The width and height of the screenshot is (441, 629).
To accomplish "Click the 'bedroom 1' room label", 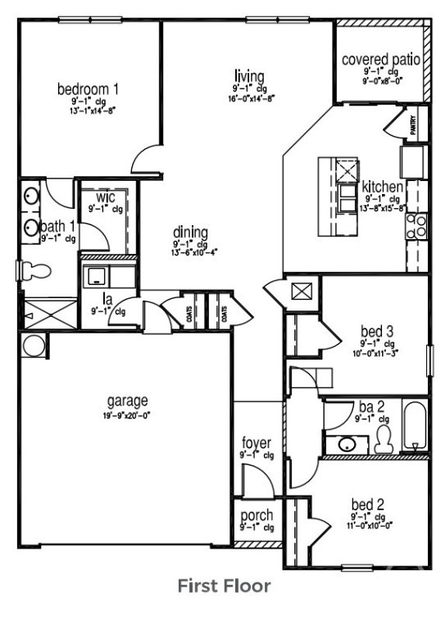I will click(x=89, y=88).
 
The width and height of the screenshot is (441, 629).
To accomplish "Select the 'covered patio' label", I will click(x=381, y=60).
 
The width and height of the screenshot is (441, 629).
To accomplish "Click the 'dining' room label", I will click(x=190, y=232).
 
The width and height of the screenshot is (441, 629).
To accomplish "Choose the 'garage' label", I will click(x=128, y=400).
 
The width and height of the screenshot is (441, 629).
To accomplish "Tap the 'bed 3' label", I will click(x=378, y=332).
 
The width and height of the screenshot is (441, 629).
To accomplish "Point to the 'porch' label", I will click(x=257, y=516).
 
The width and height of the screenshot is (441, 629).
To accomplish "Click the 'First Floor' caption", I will click(x=224, y=586).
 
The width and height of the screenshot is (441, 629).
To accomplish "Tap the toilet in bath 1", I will click(x=33, y=270).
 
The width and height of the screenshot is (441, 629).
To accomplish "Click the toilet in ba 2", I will click(x=383, y=441).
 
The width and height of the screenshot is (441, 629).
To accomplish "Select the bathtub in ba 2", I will click(x=416, y=427).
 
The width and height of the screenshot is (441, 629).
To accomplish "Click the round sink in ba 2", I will click(x=347, y=445).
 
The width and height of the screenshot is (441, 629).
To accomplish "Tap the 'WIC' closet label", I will click(x=105, y=198).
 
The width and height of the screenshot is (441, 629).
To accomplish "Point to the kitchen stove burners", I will click(x=416, y=226).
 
